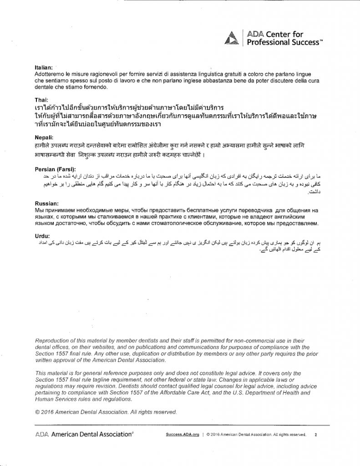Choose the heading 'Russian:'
pos(46,203)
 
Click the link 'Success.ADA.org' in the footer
pos(182,435)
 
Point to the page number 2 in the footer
pos(315,435)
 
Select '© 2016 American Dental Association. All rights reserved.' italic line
pos(105,412)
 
